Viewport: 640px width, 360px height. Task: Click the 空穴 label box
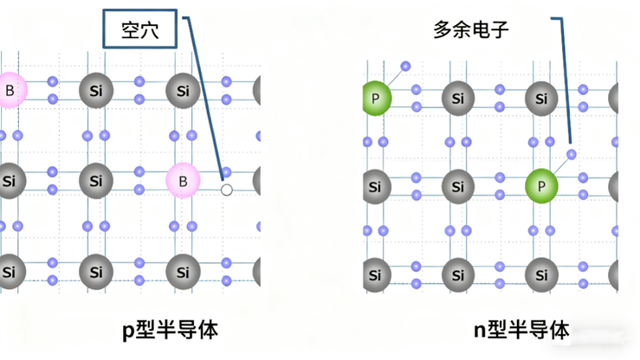(141, 31)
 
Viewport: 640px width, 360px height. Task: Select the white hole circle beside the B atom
(227, 190)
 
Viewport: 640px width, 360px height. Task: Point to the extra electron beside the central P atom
(571, 155)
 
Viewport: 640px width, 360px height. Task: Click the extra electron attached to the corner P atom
(405, 67)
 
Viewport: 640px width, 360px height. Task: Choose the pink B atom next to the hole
(183, 181)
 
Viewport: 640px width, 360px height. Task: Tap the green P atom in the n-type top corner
(375, 99)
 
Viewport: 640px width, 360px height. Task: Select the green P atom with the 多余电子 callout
(542, 185)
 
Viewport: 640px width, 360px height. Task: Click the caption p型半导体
(169, 330)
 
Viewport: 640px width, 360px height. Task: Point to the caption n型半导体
(521, 330)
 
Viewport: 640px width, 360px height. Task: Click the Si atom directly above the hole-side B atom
(183, 90)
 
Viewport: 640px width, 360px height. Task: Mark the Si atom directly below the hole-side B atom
(183, 272)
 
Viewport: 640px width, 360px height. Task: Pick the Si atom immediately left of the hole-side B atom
(96, 181)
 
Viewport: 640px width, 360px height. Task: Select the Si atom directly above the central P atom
(542, 99)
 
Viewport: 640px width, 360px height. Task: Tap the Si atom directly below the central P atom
(542, 274)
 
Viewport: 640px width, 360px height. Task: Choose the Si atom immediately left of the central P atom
(457, 185)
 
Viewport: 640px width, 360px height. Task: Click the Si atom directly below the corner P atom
(375, 185)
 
